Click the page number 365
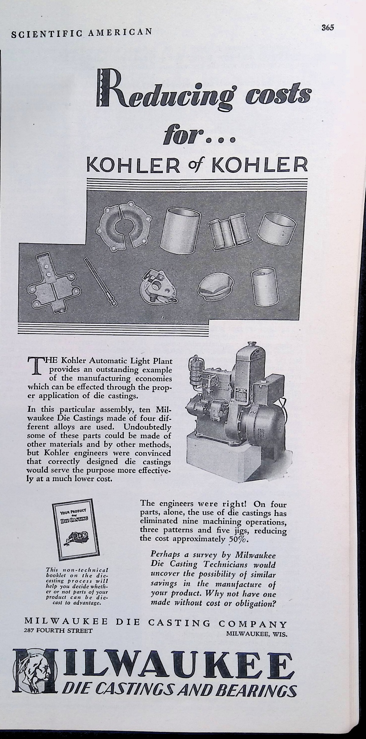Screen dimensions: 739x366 point(328,27)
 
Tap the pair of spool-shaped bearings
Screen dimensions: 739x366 point(229,230)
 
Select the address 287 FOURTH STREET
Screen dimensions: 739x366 point(58,631)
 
